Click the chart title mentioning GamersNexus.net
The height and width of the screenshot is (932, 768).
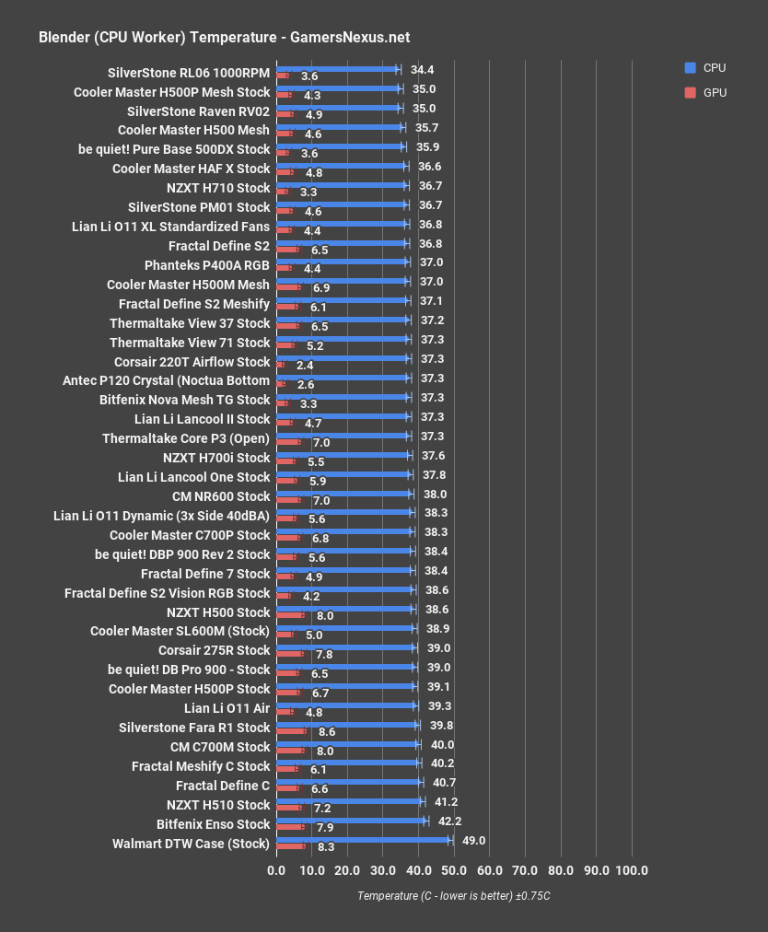pos(225,38)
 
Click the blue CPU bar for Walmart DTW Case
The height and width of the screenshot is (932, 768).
pos(363,840)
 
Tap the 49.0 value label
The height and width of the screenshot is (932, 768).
pos(473,840)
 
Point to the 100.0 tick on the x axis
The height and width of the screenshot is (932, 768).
pos(632,871)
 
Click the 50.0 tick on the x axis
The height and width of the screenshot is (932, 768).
pos(454,871)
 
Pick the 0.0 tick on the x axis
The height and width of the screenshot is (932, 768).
pos(276,871)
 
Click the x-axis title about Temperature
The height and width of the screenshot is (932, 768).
pos(453,896)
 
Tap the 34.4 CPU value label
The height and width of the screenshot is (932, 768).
pos(422,69)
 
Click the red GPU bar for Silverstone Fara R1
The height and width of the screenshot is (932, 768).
pos(291,731)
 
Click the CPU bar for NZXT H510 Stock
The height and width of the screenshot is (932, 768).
pos(349,801)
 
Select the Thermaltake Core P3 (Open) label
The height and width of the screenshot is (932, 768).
pos(186,438)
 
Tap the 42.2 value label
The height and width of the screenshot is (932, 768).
pos(448,821)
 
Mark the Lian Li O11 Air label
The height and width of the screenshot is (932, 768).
pos(227,708)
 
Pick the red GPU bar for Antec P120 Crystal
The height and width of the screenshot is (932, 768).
pos(281,384)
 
